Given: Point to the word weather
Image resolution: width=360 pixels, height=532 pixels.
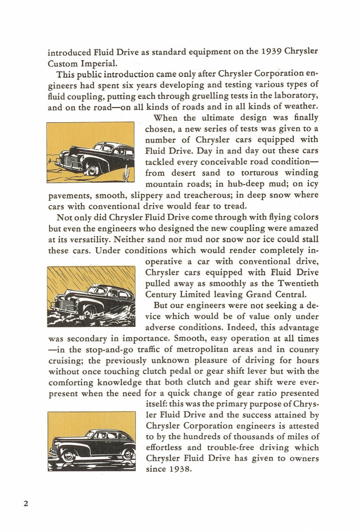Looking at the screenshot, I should coord(297,106).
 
